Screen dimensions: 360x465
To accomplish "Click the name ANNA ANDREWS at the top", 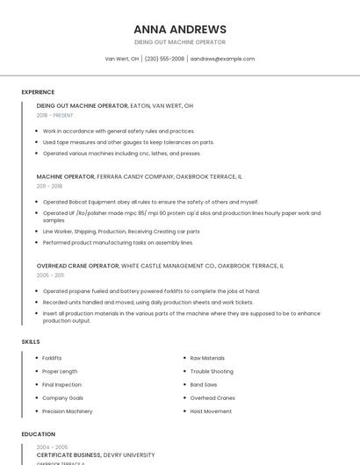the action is (x=180, y=29).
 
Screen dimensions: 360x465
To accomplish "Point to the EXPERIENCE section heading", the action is (x=38, y=92).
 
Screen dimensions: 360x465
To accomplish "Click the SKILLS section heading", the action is (x=31, y=341).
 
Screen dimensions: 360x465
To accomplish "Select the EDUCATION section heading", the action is (x=38, y=434).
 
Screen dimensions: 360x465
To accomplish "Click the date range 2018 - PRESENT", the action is (x=55, y=115).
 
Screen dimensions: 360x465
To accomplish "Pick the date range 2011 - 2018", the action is (x=49, y=186).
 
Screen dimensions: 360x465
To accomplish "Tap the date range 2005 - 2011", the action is (x=50, y=275).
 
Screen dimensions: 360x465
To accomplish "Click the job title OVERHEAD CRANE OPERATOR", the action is (x=77, y=265).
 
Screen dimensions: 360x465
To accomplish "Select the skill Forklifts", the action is (x=52, y=358).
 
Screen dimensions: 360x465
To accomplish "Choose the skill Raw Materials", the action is (x=207, y=358).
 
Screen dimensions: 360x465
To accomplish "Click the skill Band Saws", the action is (x=204, y=384).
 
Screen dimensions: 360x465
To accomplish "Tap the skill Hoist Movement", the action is (x=212, y=411).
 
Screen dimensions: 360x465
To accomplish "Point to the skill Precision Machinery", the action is (x=67, y=411).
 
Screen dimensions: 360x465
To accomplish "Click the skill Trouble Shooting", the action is (x=212, y=371).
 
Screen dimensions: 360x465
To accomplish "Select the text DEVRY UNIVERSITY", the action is (x=129, y=455).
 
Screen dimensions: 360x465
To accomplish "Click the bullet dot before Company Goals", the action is (x=37, y=397).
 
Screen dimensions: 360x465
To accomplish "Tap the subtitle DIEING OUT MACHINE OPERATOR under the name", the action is (x=180, y=42).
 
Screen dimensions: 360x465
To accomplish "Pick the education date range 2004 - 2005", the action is (x=52, y=447).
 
